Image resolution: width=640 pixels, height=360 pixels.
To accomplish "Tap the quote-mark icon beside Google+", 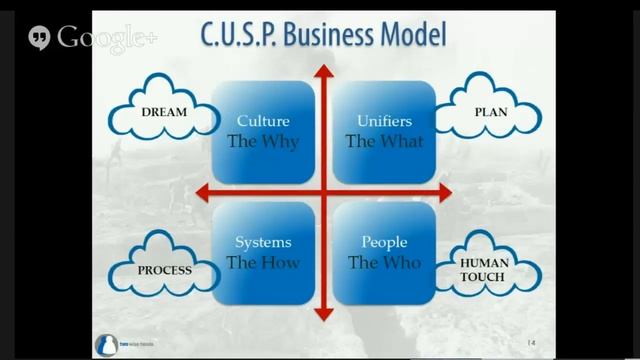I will pos(39,38).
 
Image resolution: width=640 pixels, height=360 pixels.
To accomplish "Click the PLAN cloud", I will pos(490,112).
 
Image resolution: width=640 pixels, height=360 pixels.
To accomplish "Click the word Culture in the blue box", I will pos(263,122).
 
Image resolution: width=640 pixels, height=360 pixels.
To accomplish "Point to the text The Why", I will pos(263,141).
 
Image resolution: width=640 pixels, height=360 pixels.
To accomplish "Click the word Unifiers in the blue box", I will pos(384,122).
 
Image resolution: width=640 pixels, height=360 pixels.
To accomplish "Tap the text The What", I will pos(384,141).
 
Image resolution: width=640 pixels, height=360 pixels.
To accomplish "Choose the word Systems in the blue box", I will pos(263,243).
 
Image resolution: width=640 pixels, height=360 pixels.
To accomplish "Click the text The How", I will pos(263,262).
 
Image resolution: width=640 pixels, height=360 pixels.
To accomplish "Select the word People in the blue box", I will pos(384,243).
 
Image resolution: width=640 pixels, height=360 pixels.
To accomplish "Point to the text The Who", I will pos(384,262).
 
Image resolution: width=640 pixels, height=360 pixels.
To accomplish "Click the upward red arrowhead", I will pos(323,72).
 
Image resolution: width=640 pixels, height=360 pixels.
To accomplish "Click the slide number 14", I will pos(532,343).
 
